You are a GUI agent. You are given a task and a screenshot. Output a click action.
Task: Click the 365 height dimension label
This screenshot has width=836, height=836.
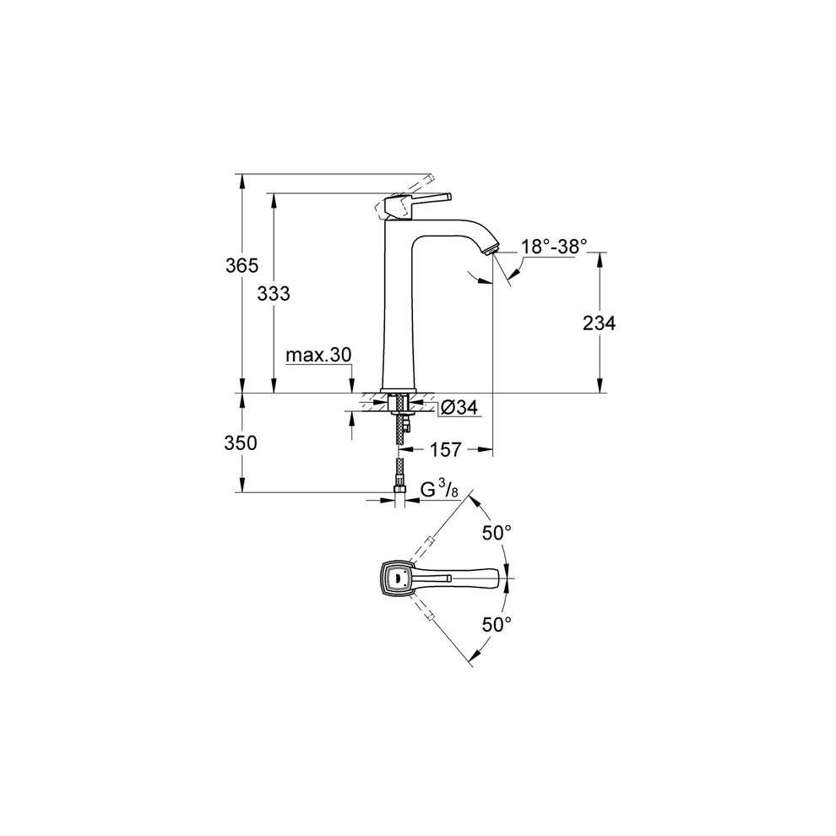tap(242, 265)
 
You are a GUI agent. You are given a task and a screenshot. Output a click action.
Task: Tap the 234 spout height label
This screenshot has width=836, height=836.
tap(600, 323)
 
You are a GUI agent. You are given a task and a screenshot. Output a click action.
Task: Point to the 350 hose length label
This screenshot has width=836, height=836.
tap(242, 442)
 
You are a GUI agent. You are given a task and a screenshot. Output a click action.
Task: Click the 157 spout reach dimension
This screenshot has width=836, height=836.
tap(446, 450)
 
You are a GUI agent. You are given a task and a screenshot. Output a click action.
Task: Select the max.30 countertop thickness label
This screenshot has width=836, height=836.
tap(318, 355)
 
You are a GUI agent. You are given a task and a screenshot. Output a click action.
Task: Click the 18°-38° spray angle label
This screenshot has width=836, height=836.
tap(553, 246)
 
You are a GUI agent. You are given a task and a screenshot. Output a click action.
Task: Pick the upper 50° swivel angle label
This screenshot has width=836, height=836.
tap(497, 534)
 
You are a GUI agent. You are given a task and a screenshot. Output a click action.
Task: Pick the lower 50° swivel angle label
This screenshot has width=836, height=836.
tap(497, 624)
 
